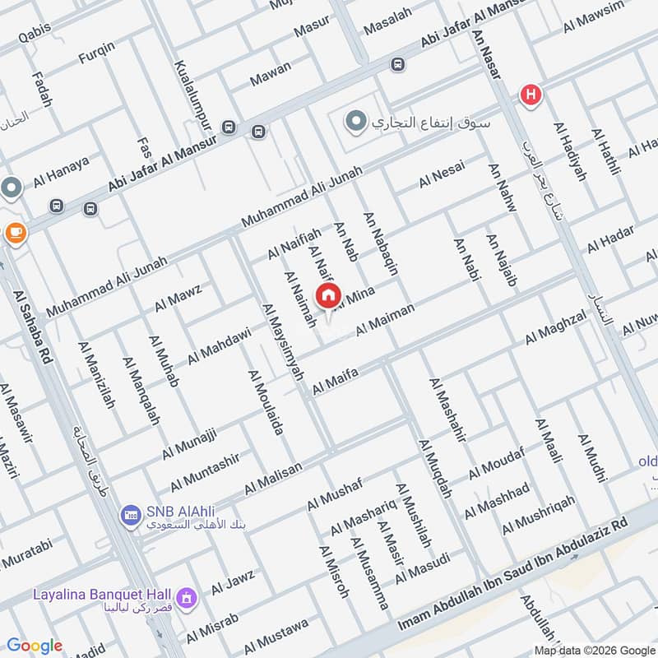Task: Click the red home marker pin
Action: (328, 295)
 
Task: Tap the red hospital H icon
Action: (531, 95)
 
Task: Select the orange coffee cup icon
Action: (15, 233)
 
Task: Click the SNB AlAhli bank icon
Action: (130, 517)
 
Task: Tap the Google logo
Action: (35, 646)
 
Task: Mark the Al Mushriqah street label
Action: (538, 514)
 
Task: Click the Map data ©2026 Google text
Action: (594, 647)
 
